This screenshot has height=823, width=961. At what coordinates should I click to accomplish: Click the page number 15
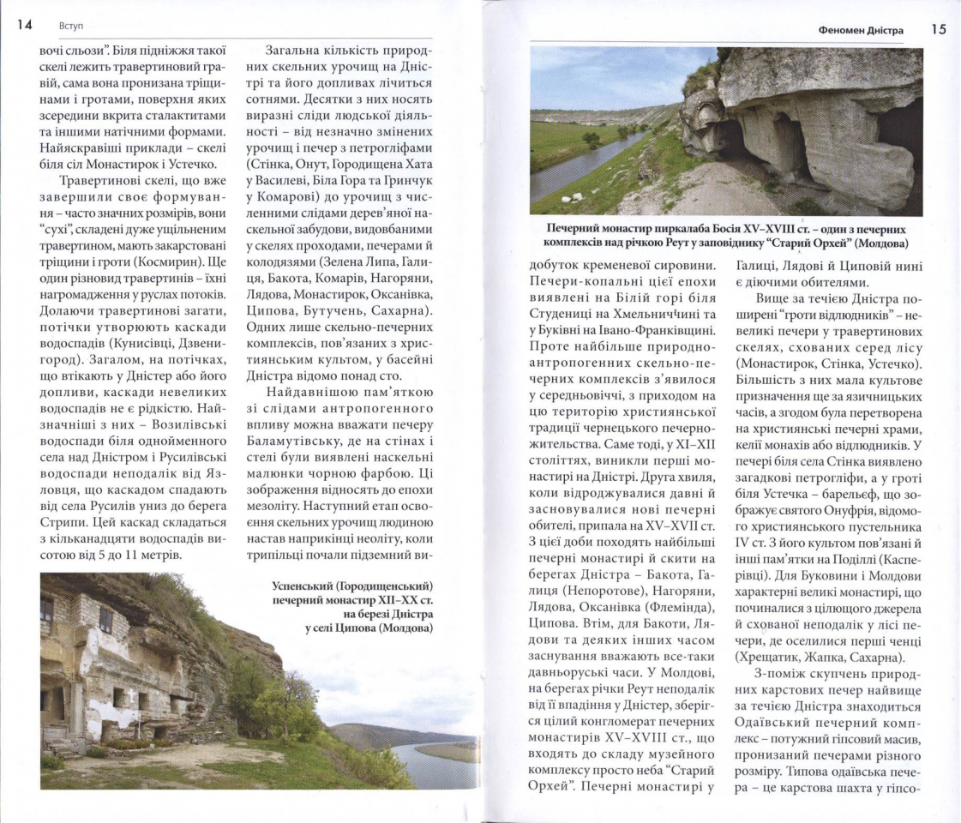(x=939, y=29)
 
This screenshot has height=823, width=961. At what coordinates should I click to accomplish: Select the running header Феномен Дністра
(x=861, y=31)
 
